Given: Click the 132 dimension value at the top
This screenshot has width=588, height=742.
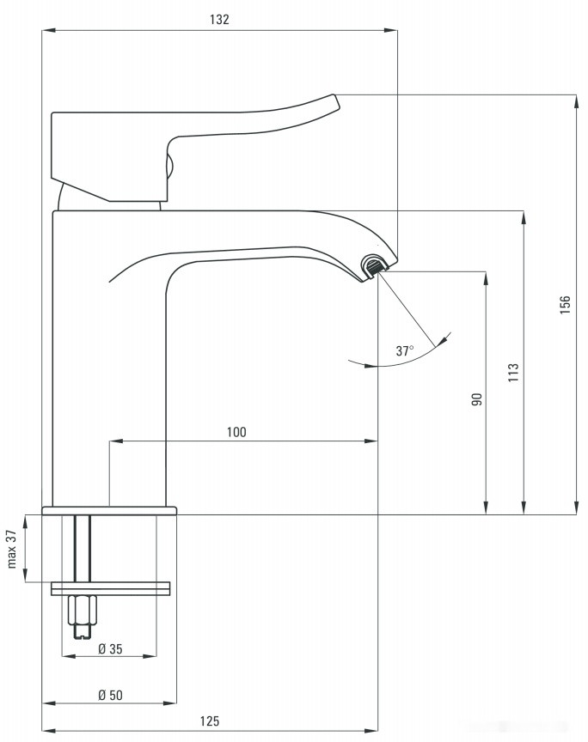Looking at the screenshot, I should [220, 19].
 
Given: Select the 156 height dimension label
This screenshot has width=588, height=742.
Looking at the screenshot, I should [565, 305].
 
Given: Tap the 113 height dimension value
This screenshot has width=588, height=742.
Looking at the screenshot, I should [513, 373].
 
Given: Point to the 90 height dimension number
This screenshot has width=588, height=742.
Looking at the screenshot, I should [477, 398].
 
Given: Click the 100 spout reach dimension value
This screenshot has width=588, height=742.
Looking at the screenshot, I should [236, 432].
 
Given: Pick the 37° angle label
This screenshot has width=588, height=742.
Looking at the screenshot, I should [405, 350].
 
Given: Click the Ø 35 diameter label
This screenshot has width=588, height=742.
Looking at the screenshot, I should [109, 649].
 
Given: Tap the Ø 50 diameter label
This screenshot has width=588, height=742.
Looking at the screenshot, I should [109, 695].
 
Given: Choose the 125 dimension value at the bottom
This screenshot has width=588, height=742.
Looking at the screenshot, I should [211, 721].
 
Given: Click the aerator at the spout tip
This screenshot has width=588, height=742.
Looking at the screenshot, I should [375, 266].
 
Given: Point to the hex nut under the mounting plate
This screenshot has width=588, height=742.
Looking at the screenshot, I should [83, 611].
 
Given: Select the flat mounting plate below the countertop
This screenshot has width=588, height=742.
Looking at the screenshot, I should [111, 588].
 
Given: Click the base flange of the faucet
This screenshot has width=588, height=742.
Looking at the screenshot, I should [109, 510].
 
